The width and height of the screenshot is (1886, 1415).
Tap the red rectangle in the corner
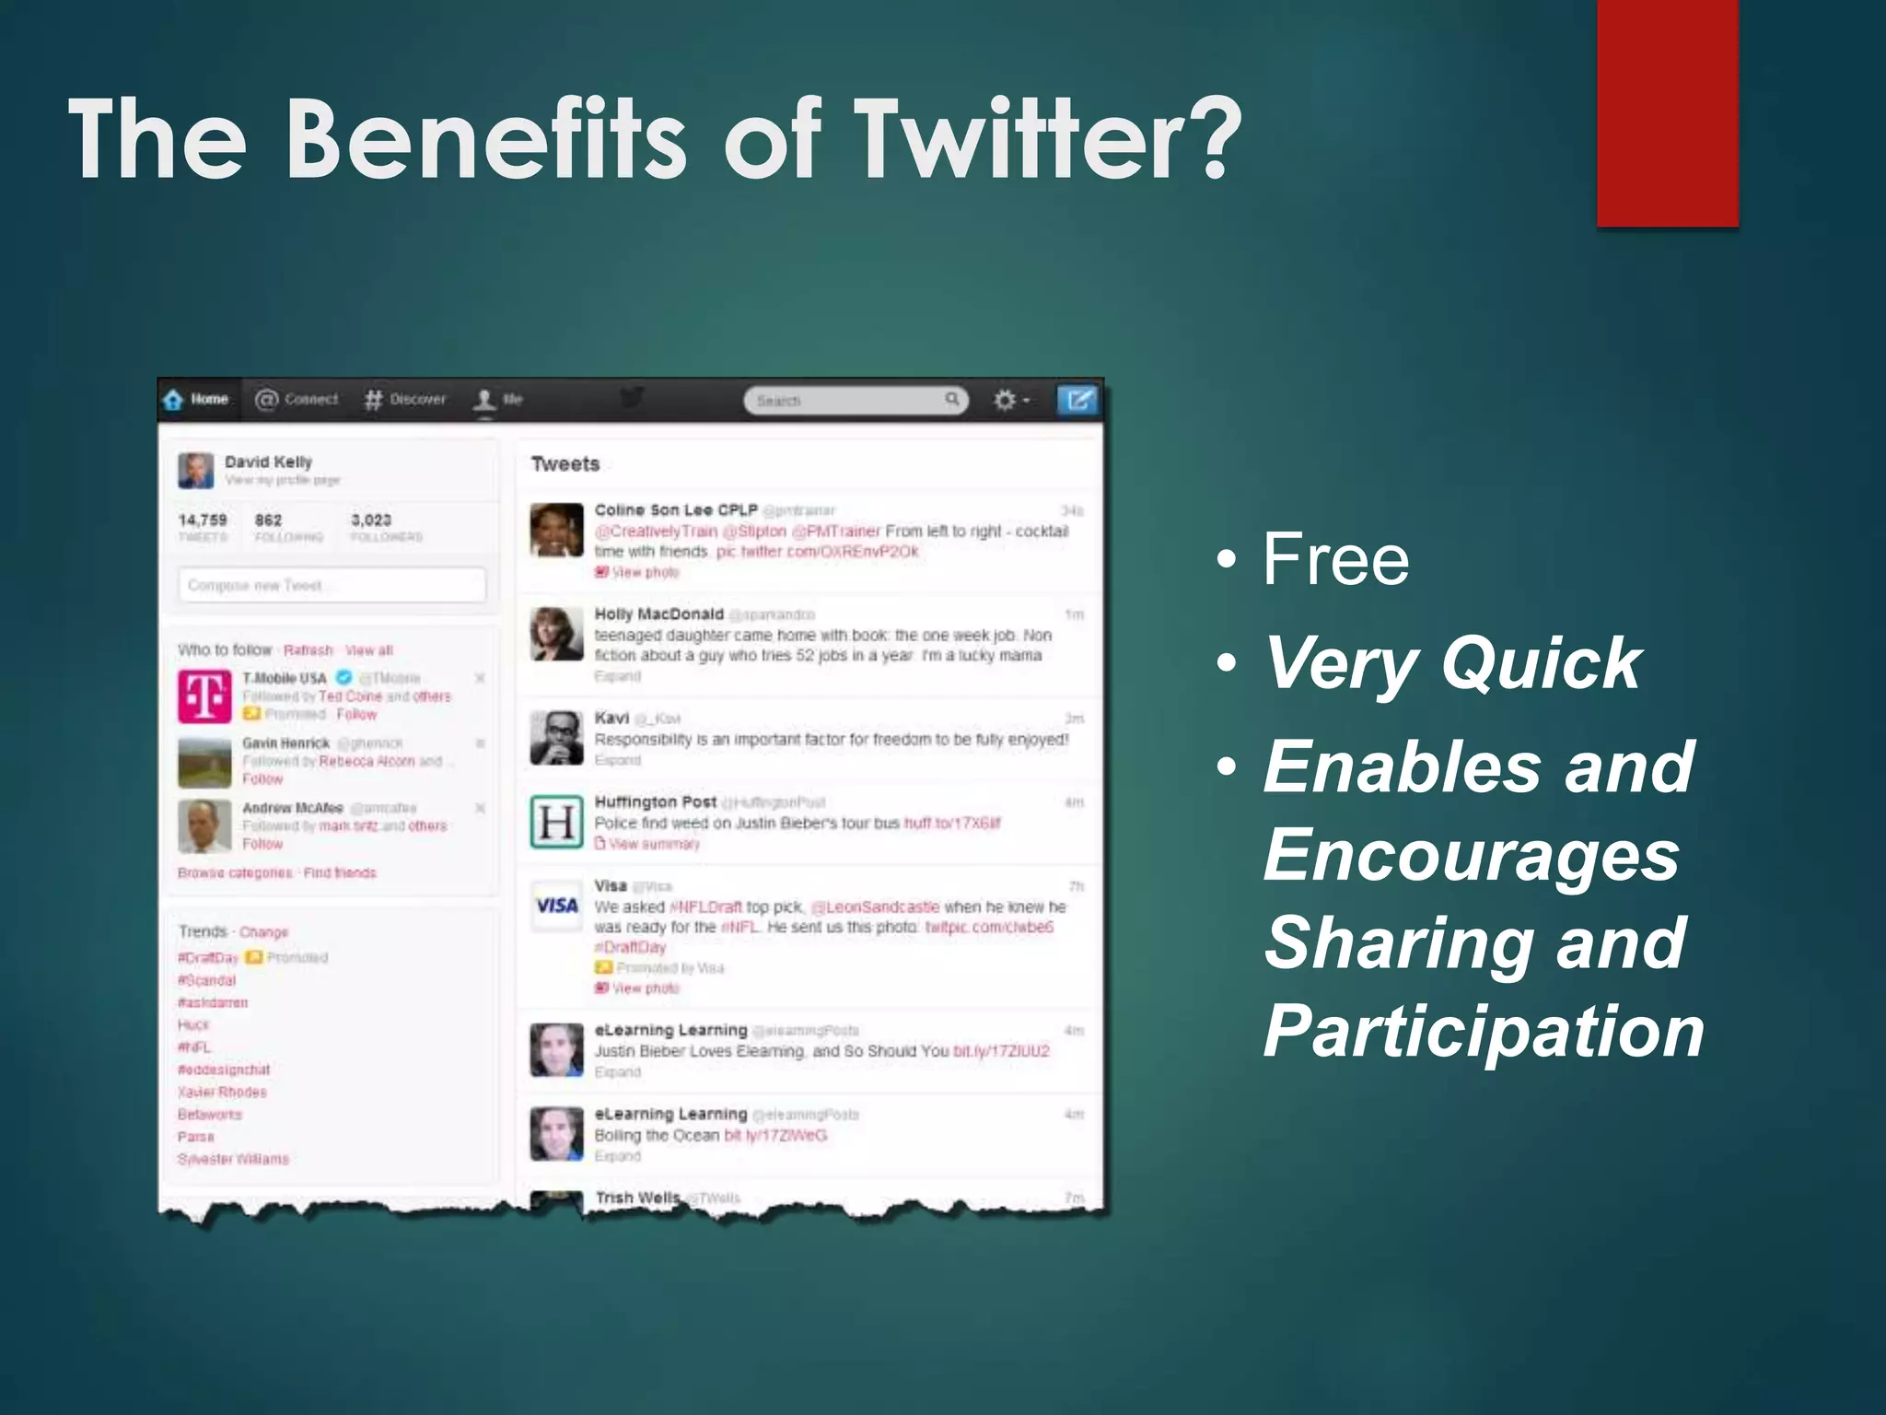pos(1667,111)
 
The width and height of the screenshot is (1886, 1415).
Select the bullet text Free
pos(1335,559)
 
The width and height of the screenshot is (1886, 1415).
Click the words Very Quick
pos(1452,662)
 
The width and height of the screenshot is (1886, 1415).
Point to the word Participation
pos(1483,1031)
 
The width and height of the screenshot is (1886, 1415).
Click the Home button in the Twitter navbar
pos(197,399)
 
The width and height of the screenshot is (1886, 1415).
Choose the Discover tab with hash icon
pos(405,399)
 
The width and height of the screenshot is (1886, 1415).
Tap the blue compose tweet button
pos(1078,400)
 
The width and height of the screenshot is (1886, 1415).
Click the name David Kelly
pos(268,462)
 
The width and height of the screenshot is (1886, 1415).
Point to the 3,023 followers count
pos(371,520)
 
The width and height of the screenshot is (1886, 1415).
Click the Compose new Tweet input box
pos(332,585)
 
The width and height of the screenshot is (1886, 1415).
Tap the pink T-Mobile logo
pos(204,696)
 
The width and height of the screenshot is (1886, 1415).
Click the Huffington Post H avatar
pos(556,821)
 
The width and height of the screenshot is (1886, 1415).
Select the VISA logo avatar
pos(556,906)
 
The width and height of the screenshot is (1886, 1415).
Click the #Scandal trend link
pos(207,980)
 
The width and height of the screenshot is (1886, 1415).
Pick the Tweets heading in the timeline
pos(565,463)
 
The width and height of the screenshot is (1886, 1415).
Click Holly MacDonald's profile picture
pos(556,634)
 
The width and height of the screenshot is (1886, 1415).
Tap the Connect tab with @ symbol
pos(297,399)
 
